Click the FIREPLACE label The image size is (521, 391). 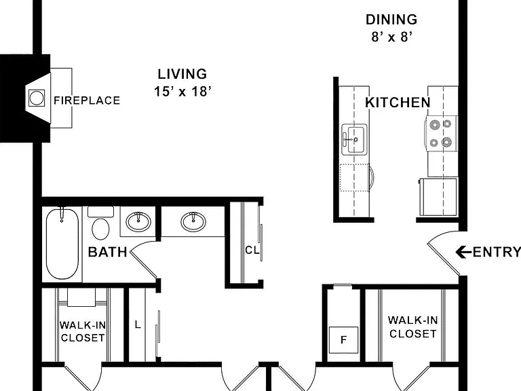[x=87, y=100]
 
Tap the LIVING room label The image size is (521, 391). [x=182, y=74]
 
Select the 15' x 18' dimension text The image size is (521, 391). [x=182, y=91]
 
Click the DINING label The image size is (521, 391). [x=391, y=20]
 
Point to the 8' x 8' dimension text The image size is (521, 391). [x=391, y=37]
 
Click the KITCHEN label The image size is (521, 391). [x=398, y=103]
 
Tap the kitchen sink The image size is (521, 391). [x=354, y=139]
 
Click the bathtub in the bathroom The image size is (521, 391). [x=62, y=244]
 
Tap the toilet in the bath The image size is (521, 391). [x=100, y=223]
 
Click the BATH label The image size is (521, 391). [x=108, y=252]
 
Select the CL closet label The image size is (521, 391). [x=252, y=250]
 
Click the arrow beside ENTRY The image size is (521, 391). [x=463, y=252]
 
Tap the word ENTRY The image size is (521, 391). [x=497, y=252]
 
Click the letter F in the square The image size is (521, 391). [x=343, y=340]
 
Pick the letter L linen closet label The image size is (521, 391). [x=138, y=324]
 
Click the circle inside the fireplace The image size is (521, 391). [x=36, y=98]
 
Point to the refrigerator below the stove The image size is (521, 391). [x=439, y=197]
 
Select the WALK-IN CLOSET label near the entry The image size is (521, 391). [x=413, y=327]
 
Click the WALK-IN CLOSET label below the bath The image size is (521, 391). [x=83, y=331]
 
